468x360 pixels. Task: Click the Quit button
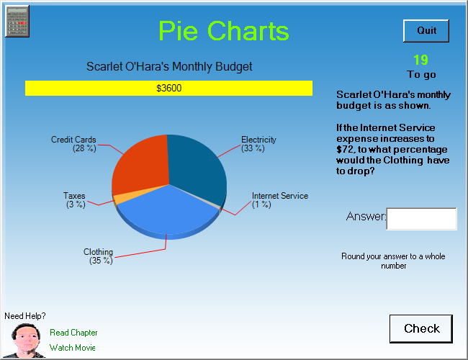(x=426, y=31)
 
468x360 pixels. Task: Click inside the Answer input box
(x=421, y=219)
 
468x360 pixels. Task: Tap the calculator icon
(x=17, y=21)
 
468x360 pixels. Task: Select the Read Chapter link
(x=73, y=333)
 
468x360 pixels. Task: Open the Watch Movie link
(x=72, y=348)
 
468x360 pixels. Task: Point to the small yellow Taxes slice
(x=117, y=199)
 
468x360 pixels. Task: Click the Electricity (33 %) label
(x=258, y=144)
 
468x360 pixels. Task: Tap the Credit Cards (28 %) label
(x=73, y=144)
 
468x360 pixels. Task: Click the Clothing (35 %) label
(x=98, y=256)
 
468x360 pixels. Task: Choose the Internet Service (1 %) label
(x=280, y=200)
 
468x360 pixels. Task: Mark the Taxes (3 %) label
(x=74, y=200)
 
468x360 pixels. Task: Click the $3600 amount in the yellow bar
(x=169, y=88)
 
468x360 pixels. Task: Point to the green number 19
(x=421, y=60)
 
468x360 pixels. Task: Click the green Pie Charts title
(x=223, y=31)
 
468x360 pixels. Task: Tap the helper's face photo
(x=25, y=341)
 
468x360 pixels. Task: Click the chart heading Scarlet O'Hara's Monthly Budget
(x=169, y=66)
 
